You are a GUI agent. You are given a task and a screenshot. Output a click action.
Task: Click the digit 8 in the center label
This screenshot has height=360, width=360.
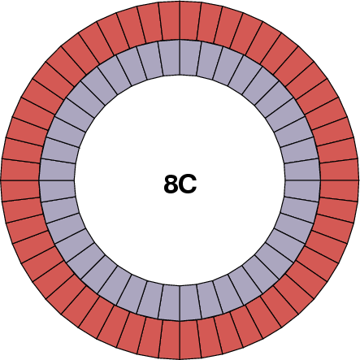click(x=171, y=184)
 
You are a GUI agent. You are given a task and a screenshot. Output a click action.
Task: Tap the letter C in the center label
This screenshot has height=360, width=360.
click(x=188, y=184)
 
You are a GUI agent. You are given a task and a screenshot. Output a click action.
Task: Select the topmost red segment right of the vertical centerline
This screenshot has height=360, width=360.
click(x=191, y=21)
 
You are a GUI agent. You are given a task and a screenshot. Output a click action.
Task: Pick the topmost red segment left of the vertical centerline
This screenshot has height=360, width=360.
click(x=169, y=21)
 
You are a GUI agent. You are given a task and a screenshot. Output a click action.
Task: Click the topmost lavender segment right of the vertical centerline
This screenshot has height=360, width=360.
click(x=189, y=58)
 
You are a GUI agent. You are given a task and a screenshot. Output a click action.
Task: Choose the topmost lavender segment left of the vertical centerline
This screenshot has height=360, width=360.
click(x=171, y=58)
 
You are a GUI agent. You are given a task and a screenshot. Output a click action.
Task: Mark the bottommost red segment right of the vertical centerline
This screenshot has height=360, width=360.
click(x=191, y=339)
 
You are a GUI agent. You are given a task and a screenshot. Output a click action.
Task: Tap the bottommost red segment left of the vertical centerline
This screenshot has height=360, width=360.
click(x=169, y=339)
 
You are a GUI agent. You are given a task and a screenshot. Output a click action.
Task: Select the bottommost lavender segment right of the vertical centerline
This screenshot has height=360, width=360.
click(x=189, y=302)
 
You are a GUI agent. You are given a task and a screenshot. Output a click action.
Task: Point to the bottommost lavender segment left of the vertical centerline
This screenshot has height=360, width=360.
click(x=171, y=302)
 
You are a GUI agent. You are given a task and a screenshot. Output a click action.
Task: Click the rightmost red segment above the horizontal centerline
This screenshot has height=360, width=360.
click(x=339, y=169)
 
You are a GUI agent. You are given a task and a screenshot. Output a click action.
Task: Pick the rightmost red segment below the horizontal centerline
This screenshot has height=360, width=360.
click(x=339, y=191)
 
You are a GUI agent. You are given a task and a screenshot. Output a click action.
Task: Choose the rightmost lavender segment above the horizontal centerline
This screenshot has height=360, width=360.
click(x=302, y=171)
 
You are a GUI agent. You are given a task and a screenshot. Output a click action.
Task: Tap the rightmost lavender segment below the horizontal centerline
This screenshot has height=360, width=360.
click(x=302, y=189)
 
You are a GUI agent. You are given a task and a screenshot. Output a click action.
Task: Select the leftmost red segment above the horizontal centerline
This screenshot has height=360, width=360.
click(x=21, y=169)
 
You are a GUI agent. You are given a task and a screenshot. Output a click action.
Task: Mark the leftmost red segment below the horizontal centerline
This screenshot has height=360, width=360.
click(x=21, y=191)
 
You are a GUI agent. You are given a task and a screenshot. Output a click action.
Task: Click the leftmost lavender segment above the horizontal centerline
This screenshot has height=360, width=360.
click(x=58, y=171)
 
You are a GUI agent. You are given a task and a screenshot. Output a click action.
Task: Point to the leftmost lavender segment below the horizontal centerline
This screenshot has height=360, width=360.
click(x=58, y=189)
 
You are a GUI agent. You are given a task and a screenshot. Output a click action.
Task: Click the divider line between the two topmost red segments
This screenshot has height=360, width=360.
click(x=180, y=20)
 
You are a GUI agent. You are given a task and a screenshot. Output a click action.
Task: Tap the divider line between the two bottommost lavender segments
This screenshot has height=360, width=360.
click(x=180, y=302)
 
